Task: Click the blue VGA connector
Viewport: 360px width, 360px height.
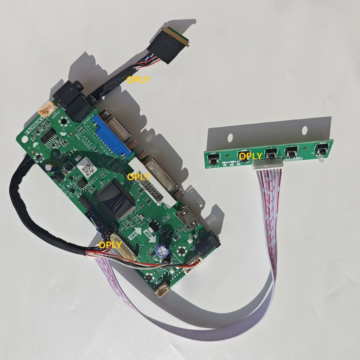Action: pyautogui.click(x=112, y=135)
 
